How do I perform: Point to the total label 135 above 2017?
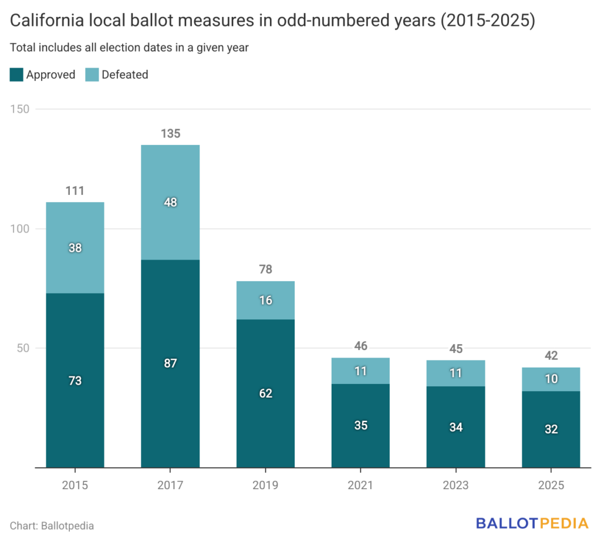point(170,134)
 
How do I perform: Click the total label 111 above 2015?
point(75,191)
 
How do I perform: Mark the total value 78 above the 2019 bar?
point(265,270)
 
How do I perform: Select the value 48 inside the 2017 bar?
point(170,203)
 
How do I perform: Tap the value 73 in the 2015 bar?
point(75,381)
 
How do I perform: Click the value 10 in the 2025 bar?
point(551,379)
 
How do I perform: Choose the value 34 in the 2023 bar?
point(455,427)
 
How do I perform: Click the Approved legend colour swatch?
point(16,75)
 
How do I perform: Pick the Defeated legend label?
point(124,75)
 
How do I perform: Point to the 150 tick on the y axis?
point(21,109)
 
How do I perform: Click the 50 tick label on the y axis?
point(24,348)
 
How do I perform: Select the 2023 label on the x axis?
point(455,486)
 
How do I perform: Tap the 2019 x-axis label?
point(265,486)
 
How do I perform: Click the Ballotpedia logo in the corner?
point(532,523)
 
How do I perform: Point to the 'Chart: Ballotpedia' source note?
point(52,526)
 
